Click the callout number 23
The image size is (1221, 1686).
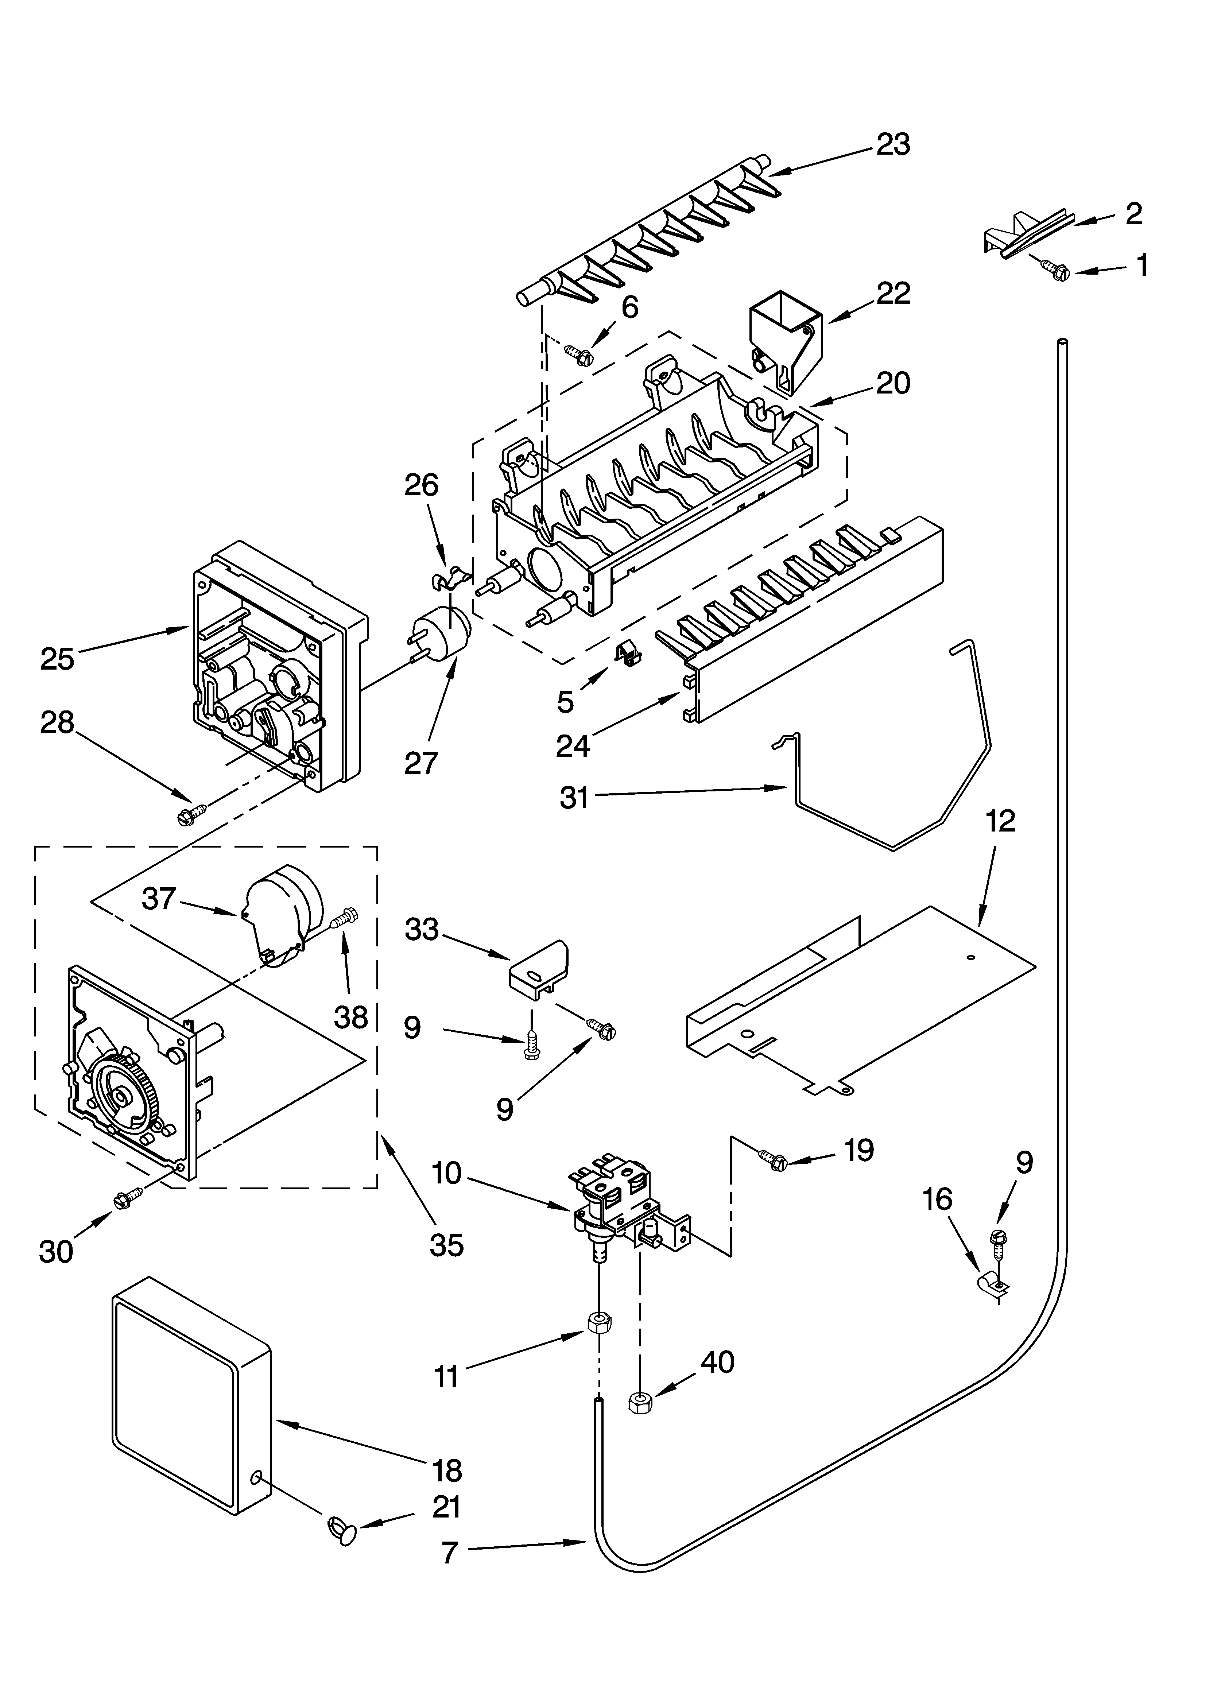(892, 144)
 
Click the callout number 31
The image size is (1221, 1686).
(573, 798)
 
